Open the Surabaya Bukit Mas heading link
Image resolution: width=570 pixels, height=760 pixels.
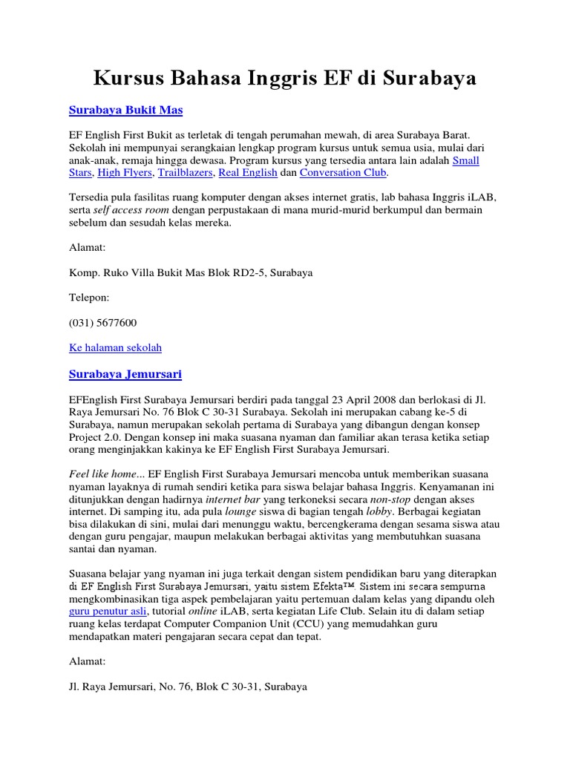[125, 110]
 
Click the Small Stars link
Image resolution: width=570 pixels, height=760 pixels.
[465, 160]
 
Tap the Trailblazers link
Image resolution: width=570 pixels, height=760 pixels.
[185, 172]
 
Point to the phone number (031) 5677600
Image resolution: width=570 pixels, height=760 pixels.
[102, 323]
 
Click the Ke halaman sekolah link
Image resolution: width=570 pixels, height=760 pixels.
[115, 347]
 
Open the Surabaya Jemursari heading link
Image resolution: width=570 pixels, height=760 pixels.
[125, 374]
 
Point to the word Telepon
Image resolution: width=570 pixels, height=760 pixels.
[88, 298]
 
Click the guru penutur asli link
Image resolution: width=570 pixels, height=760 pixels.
[108, 611]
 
